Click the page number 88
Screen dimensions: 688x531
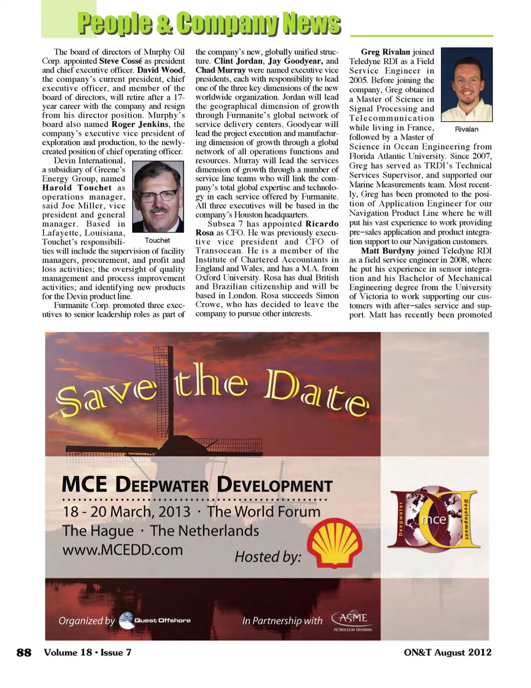(24, 652)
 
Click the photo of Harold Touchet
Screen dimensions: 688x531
(158, 197)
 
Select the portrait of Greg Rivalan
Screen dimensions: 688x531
(466, 85)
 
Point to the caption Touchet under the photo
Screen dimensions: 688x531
(157, 240)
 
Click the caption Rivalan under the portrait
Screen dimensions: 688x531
(466, 129)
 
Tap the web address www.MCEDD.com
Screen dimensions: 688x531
(122, 550)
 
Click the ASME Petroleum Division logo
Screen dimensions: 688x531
(352, 620)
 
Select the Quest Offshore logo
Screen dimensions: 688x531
(155, 620)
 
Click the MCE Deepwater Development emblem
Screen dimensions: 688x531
(434, 518)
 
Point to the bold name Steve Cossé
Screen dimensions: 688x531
(121, 61)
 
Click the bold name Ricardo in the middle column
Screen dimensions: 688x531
(322, 224)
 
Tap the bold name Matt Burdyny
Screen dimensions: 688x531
(387, 251)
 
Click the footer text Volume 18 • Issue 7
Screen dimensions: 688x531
(87, 652)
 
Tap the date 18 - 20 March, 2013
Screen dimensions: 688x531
(126, 512)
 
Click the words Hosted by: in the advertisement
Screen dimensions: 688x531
(268, 556)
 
